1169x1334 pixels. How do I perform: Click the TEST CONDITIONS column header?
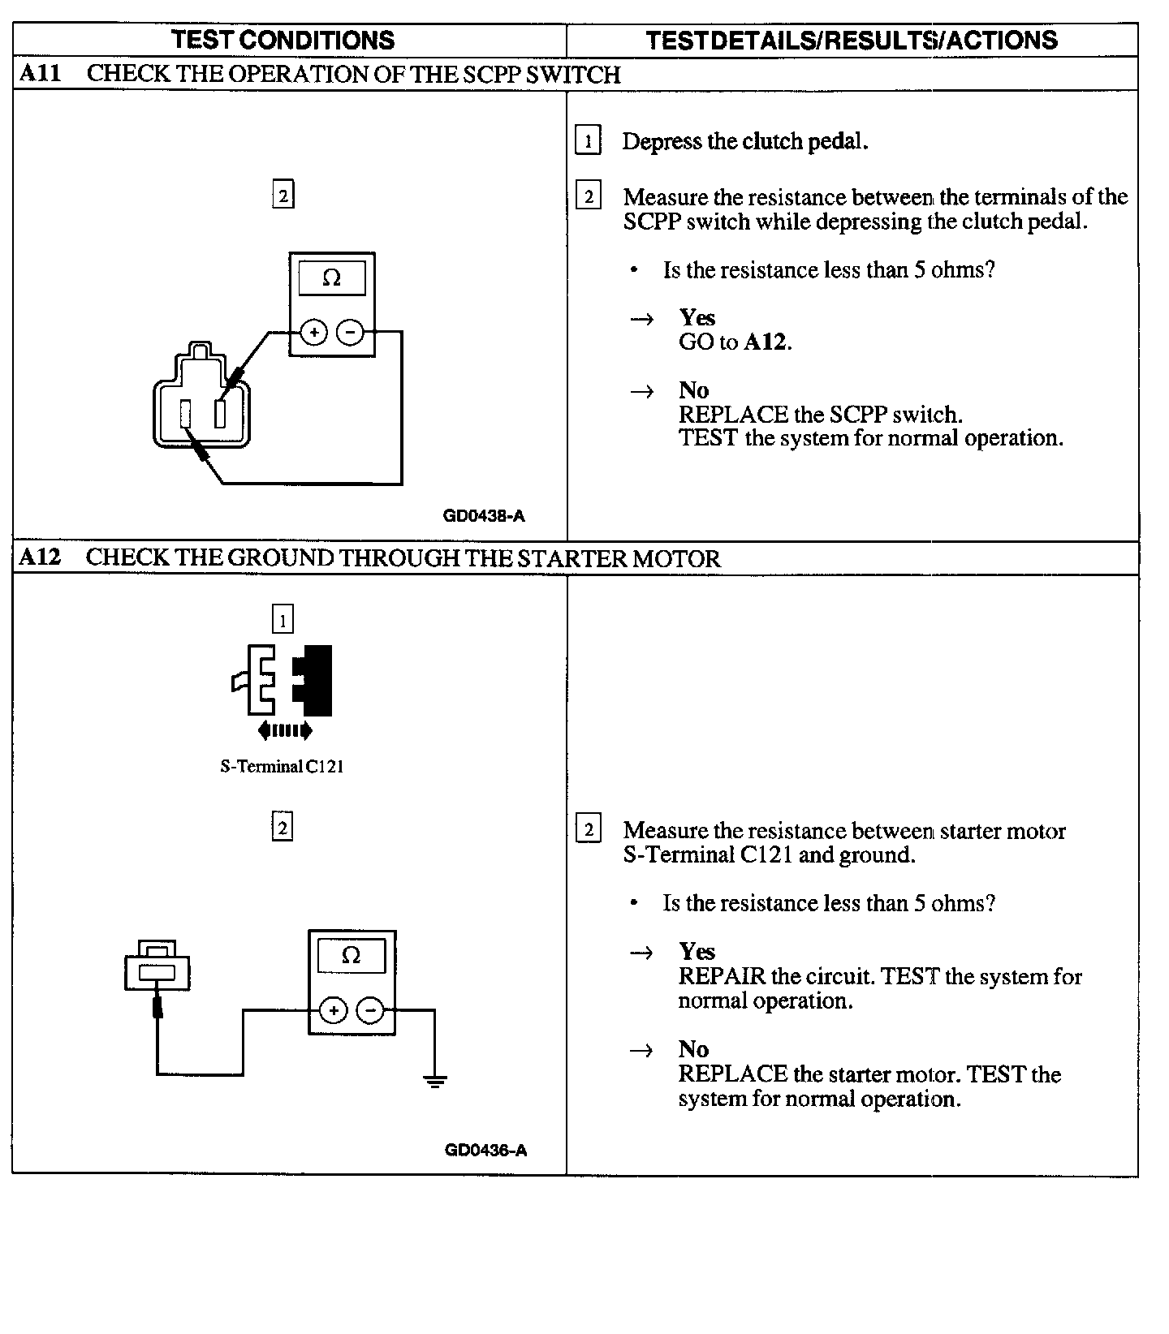(283, 40)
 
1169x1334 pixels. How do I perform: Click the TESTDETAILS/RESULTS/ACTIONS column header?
(852, 40)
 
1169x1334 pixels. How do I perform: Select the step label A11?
(40, 74)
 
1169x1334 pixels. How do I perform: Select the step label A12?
(40, 557)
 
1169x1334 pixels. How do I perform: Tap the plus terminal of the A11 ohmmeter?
(313, 332)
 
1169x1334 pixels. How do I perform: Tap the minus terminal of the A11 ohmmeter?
(350, 332)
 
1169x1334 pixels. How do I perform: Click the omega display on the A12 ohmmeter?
(352, 955)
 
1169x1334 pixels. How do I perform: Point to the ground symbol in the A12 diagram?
(435, 1080)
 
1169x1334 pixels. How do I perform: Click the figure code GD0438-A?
(484, 516)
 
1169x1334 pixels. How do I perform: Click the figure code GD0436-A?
(485, 1150)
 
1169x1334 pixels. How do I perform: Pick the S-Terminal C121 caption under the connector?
(282, 767)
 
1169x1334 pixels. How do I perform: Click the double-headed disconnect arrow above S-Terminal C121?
(284, 731)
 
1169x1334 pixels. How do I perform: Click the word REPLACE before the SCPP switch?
(733, 415)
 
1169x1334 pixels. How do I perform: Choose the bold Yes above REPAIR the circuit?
(697, 951)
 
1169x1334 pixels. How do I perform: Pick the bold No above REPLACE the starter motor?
(693, 1049)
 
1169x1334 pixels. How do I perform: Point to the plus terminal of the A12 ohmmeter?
(333, 1010)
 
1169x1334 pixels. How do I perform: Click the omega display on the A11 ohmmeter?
(332, 278)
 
